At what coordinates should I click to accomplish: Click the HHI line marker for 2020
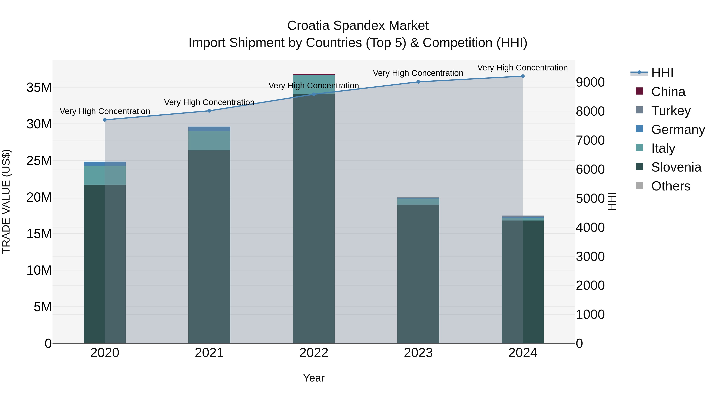pos(105,120)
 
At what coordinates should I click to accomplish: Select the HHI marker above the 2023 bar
pos(418,82)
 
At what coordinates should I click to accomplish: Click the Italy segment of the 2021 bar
pos(209,141)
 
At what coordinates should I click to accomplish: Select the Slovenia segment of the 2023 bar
pos(418,274)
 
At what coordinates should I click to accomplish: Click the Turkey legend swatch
pos(639,110)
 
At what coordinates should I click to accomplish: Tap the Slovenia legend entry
pos(676,167)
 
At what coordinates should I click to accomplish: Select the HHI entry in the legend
pos(662,73)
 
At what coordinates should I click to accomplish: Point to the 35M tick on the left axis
pos(39,88)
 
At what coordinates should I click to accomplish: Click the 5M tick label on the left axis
pos(43,307)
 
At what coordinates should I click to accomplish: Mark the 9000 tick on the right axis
pos(590,82)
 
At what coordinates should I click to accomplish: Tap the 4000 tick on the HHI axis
pos(590,227)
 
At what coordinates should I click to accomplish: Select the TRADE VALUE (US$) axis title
pos(6,201)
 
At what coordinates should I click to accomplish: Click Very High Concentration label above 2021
pos(209,102)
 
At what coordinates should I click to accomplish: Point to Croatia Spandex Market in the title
pos(358,26)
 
